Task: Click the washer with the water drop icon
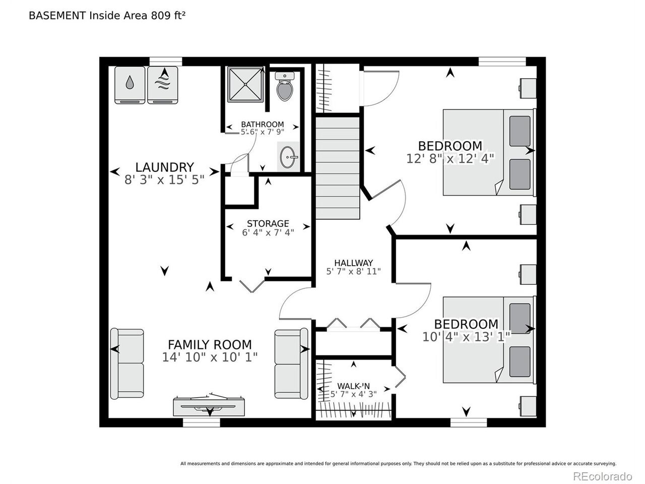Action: pos(130,85)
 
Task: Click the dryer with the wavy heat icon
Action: pos(162,85)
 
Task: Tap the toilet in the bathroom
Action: pos(284,86)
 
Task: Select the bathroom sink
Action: pos(288,157)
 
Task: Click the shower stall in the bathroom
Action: pos(245,85)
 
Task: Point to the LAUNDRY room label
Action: pos(165,167)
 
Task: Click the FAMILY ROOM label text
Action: pos(210,344)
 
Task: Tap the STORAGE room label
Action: pos(268,223)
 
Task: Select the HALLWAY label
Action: pos(354,263)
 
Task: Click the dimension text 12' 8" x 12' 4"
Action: pos(450,159)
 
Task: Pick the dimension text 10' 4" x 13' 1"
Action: pos(466,337)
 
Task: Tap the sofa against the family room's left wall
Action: pos(127,364)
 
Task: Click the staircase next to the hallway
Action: pos(338,168)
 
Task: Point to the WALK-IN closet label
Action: pos(354,386)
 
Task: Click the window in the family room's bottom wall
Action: pos(202,422)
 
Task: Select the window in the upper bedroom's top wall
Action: pos(502,62)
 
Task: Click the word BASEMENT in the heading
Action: pos(57,16)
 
